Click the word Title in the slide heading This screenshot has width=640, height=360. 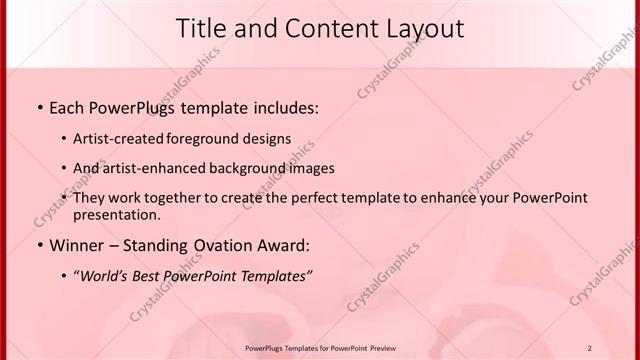point(201,29)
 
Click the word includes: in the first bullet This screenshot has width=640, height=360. point(284,107)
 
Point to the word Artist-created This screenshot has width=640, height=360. point(120,138)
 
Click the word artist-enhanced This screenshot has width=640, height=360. point(146,168)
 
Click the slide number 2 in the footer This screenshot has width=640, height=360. point(589,347)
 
